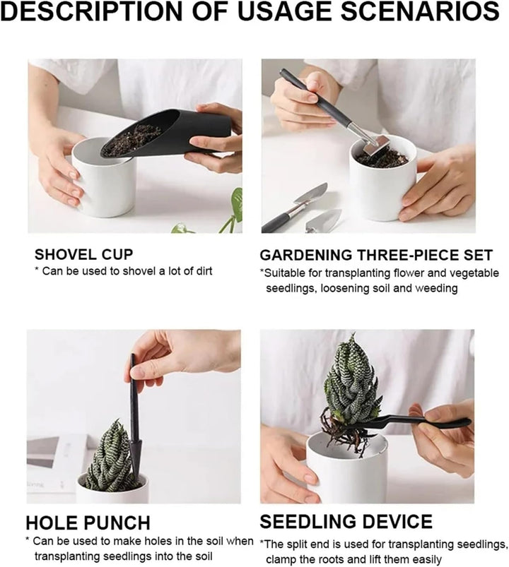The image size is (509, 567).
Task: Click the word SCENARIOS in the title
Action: [x=421, y=11]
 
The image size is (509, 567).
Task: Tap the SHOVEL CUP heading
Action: [x=83, y=255]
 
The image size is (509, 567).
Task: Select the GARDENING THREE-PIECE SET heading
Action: [x=376, y=255]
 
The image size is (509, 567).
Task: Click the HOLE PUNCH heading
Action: [x=88, y=523]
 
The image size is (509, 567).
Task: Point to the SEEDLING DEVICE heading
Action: [x=346, y=521]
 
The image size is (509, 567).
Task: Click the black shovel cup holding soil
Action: [x=167, y=133]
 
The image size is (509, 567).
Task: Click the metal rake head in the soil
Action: [x=376, y=145]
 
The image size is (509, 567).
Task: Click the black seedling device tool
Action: [x=409, y=422]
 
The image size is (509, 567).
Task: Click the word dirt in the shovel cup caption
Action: [x=204, y=271]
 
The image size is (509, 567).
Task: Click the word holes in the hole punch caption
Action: [x=160, y=541]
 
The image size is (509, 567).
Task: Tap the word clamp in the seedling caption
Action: [x=281, y=559]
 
